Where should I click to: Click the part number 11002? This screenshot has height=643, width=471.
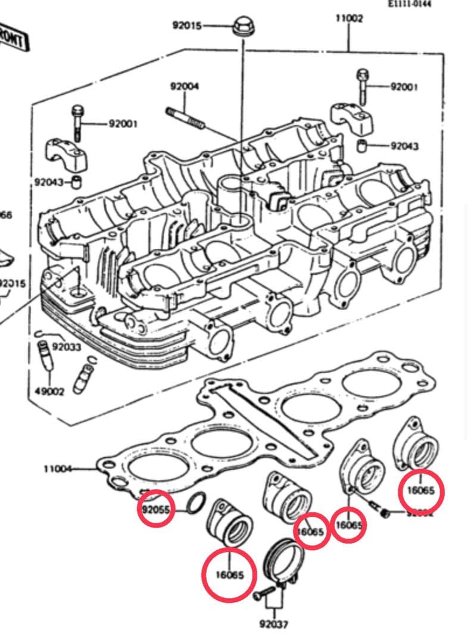(x=349, y=18)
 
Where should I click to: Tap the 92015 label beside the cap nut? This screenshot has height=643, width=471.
(x=187, y=26)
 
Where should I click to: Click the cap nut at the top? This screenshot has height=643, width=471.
(x=241, y=26)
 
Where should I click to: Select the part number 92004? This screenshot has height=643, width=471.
(x=185, y=86)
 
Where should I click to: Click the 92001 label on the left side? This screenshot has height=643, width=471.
(x=123, y=124)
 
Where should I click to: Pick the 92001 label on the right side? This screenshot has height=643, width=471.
(x=404, y=86)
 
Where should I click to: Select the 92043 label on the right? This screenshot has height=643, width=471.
(x=405, y=146)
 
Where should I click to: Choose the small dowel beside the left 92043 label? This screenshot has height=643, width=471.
(x=77, y=181)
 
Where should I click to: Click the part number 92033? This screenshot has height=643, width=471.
(x=67, y=346)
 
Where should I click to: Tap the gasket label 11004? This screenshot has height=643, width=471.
(x=57, y=469)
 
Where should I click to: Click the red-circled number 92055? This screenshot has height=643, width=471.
(x=155, y=510)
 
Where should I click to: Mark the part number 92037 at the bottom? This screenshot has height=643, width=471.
(x=274, y=625)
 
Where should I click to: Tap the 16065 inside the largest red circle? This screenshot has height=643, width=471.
(x=229, y=575)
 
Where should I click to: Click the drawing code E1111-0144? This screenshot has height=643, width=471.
(x=410, y=4)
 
